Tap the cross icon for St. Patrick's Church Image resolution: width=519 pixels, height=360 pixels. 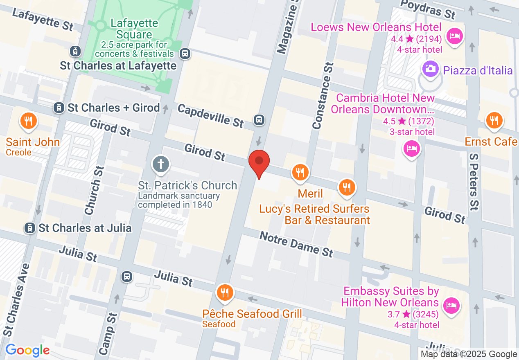pos(160,164)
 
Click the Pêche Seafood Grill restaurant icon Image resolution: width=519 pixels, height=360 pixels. pos(225,293)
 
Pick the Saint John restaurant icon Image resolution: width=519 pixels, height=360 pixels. pos(29,121)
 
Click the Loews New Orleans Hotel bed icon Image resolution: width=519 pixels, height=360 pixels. pos(454,36)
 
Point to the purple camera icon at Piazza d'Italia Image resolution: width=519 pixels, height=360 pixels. pos(430,68)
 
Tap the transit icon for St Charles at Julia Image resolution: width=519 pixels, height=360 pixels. pos(30,228)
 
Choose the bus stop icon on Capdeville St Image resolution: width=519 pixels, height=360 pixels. pos(259,120)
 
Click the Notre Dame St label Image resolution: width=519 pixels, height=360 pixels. pos(297,244)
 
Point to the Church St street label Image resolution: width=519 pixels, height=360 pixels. pos(93,190)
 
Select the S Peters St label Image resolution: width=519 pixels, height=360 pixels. pos(474,182)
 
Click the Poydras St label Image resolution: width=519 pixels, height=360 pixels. pos(428,9)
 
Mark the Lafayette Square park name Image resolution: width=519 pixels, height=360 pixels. pos(134,29)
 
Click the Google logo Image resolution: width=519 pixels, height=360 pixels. pos(27,350)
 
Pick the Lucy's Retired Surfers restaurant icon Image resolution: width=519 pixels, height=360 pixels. pos(347,188)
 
